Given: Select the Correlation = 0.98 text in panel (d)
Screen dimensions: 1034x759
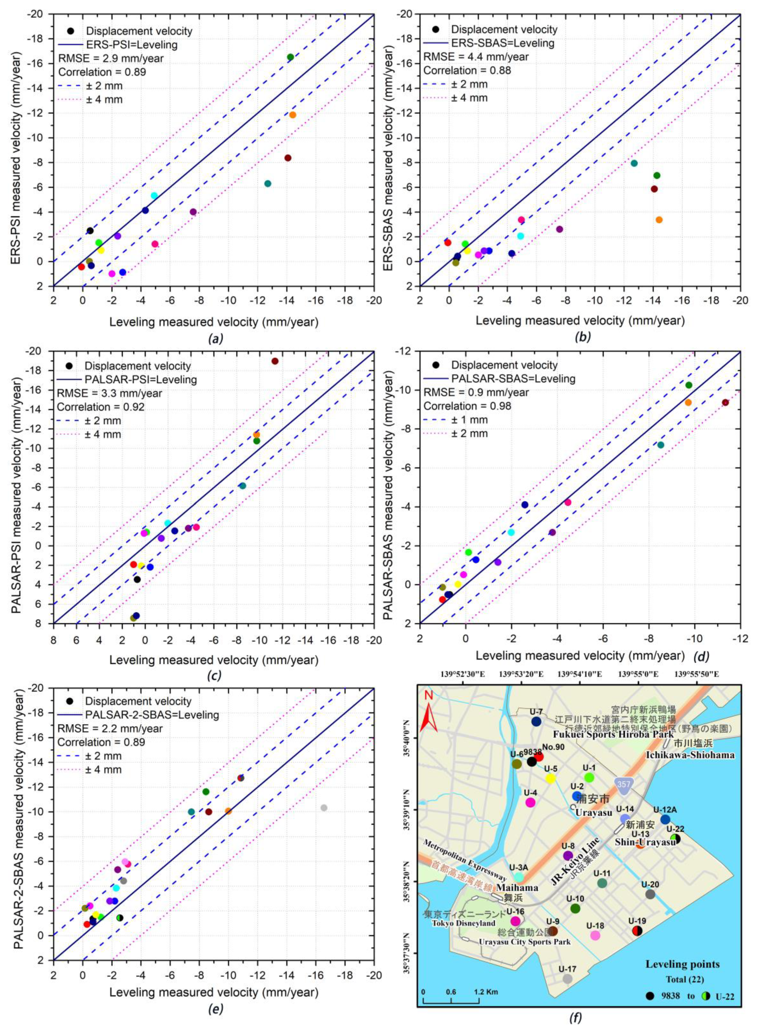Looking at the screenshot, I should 467,406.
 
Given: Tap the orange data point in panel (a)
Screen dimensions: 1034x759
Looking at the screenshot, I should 293,115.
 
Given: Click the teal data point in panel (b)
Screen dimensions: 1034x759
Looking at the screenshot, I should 634,163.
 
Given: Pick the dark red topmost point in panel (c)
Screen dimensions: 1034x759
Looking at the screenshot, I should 275,361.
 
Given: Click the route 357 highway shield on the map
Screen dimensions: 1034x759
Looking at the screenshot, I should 624,784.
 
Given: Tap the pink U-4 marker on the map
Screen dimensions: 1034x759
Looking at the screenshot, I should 530,802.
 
